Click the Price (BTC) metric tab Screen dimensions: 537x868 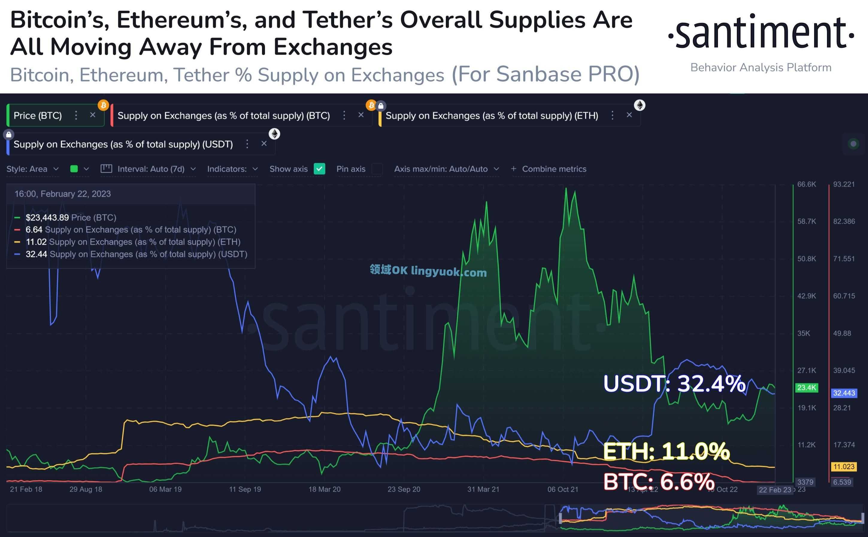[x=38, y=115]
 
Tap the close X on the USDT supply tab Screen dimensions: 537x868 [x=264, y=144]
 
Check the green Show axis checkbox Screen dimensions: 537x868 [x=319, y=169]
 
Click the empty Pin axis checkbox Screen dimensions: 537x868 [x=377, y=169]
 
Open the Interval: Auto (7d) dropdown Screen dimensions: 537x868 [x=151, y=169]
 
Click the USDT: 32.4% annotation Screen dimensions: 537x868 [x=674, y=384]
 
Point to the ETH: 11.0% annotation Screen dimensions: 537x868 [x=666, y=451]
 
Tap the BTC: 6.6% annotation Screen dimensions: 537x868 [x=658, y=482]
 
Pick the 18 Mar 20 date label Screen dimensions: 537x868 [x=324, y=489]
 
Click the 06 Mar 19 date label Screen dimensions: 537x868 [x=165, y=489]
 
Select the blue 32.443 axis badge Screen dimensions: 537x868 [x=844, y=393]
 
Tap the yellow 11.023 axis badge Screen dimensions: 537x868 [x=844, y=467]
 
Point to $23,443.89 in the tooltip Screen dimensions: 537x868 [x=47, y=217]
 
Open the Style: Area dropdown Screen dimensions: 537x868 [x=32, y=169]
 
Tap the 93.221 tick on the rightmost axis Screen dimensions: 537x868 [x=844, y=184]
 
